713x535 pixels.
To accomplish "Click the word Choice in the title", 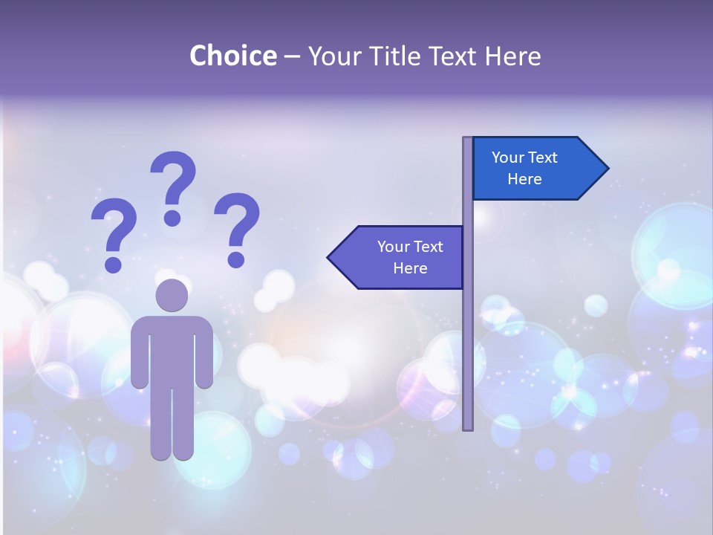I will [232, 56].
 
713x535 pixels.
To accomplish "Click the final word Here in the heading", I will [512, 56].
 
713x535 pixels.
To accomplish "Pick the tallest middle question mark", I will [174, 186].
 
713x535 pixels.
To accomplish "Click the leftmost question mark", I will [114, 232].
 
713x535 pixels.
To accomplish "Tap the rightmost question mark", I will [237, 227].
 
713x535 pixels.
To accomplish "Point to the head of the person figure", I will [172, 296].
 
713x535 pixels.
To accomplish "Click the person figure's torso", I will [172, 349].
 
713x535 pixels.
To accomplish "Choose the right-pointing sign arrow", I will [535, 168].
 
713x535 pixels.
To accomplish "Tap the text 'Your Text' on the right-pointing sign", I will [524, 158].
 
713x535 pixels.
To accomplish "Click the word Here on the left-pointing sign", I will [410, 268].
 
